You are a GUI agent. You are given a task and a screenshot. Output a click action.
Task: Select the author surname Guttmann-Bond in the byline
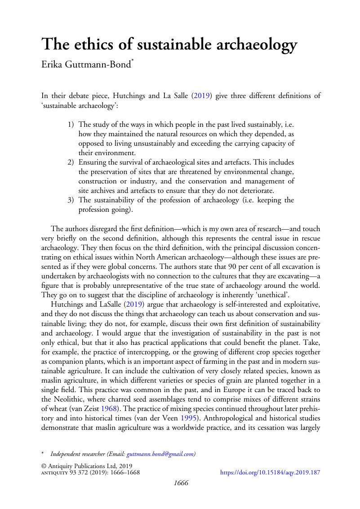point(97,66)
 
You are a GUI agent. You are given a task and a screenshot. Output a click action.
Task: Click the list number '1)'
point(71,124)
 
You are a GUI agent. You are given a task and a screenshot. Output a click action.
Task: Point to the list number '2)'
point(71,162)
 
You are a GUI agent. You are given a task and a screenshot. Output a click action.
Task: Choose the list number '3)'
point(71,200)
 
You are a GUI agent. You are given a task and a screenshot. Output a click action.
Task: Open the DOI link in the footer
point(270,473)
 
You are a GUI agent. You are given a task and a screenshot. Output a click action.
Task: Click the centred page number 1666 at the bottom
point(180,483)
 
